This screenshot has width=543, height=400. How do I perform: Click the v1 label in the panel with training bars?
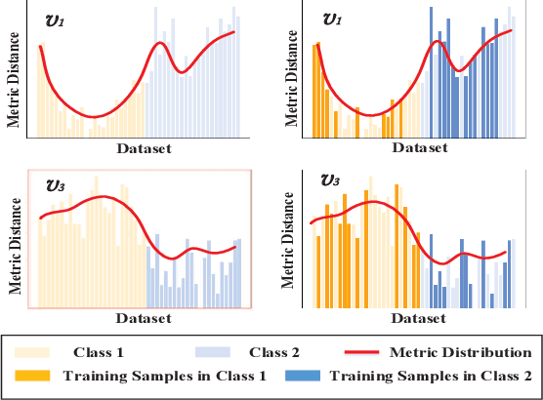(x=332, y=20)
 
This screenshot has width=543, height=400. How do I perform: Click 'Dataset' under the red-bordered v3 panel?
(x=145, y=318)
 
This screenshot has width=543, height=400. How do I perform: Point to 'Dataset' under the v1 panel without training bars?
(x=145, y=148)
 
